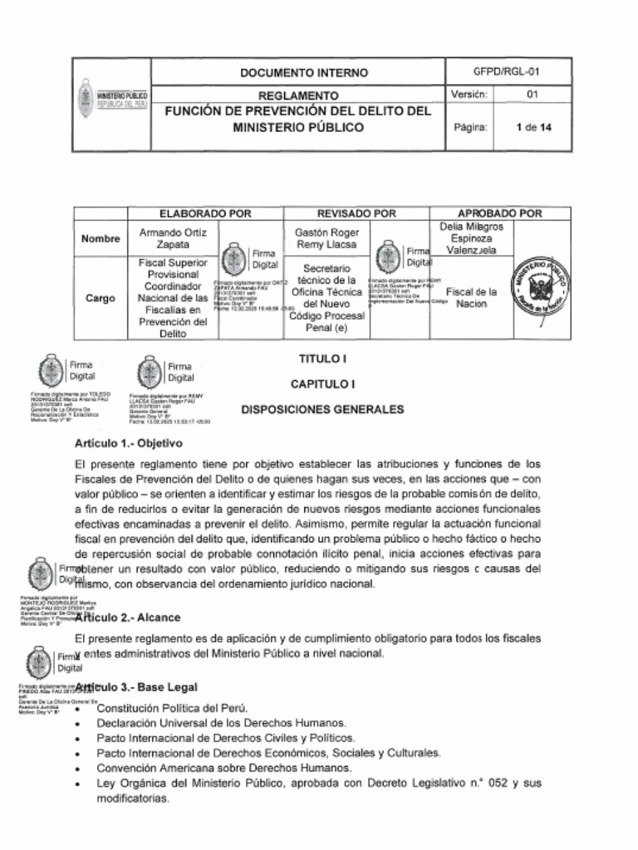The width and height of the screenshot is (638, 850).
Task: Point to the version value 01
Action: pyautogui.click(x=532, y=95)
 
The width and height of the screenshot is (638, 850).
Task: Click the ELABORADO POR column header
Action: pyautogui.click(x=205, y=213)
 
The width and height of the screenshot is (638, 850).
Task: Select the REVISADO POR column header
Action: pyautogui.click(x=356, y=213)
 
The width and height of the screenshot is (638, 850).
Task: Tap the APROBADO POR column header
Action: pyautogui.click(x=500, y=213)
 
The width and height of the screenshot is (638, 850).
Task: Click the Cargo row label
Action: pyautogui.click(x=101, y=298)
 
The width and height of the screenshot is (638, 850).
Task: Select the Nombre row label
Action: pyautogui.click(x=101, y=239)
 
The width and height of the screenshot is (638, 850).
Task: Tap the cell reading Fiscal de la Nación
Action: pyautogui.click(x=471, y=298)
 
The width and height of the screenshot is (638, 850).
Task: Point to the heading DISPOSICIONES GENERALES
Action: pyautogui.click(x=322, y=409)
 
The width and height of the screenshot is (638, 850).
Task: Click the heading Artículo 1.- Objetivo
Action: pyautogui.click(x=128, y=443)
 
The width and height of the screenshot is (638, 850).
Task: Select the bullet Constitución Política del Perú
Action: pyautogui.click(x=172, y=708)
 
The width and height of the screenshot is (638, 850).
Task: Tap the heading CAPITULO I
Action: pyautogui.click(x=322, y=384)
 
